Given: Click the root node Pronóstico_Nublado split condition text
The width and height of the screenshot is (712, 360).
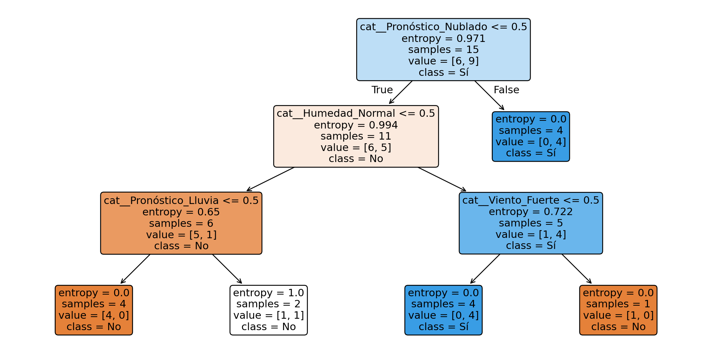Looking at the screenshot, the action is point(443,27).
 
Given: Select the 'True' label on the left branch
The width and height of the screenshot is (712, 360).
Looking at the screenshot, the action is point(382,90).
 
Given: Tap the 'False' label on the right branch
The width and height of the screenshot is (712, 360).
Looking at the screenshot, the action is point(506,90).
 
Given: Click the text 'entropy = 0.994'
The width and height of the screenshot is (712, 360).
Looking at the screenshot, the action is point(356,125).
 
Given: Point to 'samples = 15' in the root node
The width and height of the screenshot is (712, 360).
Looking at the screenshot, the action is point(443,50).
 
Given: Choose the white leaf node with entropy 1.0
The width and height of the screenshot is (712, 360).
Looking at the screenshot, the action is point(269,310).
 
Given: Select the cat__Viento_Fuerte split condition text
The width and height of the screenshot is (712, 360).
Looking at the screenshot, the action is point(531,200).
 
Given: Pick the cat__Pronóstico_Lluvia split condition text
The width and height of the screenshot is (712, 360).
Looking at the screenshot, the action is point(181,201).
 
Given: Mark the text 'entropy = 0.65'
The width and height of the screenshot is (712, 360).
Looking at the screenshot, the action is point(181,212).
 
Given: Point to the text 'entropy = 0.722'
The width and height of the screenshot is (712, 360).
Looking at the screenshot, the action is point(531,212).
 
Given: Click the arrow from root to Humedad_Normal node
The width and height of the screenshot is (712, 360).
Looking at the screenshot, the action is point(400,92).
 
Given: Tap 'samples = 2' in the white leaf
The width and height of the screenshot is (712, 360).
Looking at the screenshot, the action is point(269,304).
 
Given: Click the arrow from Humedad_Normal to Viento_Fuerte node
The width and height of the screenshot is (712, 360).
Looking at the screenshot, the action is point(442,179).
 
